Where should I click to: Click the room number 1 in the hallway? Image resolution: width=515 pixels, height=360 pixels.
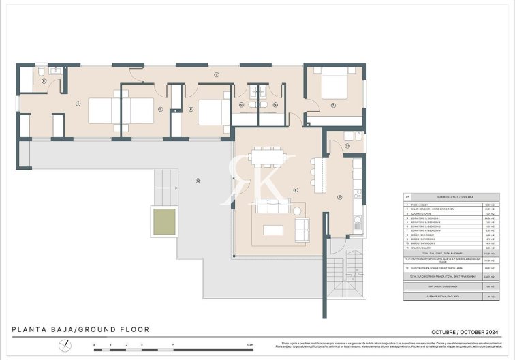[216, 74]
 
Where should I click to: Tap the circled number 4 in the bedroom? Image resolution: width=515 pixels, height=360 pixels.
[78, 104]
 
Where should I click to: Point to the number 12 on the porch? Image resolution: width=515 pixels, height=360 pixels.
[198, 181]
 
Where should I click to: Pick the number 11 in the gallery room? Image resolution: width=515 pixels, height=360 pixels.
[347, 145]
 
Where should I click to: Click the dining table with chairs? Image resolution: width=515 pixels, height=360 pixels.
[266, 157]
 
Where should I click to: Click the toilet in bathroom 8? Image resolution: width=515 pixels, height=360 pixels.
[41, 72]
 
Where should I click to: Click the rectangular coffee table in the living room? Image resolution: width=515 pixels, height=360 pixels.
[273, 229]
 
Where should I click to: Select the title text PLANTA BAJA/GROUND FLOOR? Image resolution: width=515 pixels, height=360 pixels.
[80, 330]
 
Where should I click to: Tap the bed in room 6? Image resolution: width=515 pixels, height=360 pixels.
[213, 112]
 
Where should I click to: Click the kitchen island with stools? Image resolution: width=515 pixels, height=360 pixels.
[317, 175]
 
